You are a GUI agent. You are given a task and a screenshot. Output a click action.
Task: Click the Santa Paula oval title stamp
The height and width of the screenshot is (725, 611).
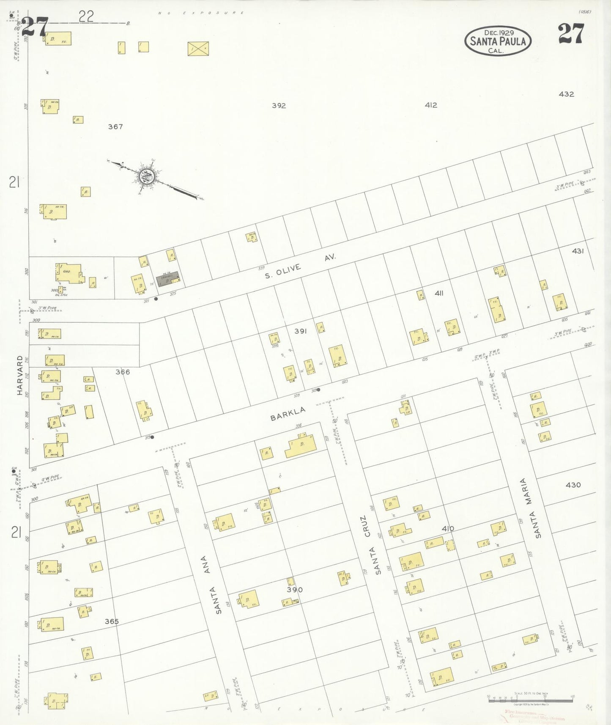pos(498,41)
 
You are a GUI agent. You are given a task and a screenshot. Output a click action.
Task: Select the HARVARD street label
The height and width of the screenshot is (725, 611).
pos(19,375)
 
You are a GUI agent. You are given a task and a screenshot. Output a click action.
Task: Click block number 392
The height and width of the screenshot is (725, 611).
pos(279,105)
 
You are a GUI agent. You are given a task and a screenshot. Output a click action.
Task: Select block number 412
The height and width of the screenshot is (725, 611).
pos(431,105)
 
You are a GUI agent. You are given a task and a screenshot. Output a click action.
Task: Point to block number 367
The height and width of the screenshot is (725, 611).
pos(115,126)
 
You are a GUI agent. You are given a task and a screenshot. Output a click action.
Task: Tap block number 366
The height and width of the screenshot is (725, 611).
pos(123,372)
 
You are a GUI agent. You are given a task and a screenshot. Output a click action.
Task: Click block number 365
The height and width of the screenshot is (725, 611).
pos(112,621)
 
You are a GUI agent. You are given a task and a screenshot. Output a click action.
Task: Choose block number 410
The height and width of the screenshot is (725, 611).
pos(448,528)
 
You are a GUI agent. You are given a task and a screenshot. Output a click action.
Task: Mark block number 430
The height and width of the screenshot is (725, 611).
pos(573,485)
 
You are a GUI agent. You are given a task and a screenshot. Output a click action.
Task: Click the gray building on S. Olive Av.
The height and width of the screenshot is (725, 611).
pos(167,279)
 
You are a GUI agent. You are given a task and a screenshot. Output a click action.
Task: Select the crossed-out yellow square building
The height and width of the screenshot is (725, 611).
pos(198,48)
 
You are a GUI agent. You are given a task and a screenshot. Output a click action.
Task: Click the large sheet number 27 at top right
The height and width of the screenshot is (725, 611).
pos(570,34)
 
